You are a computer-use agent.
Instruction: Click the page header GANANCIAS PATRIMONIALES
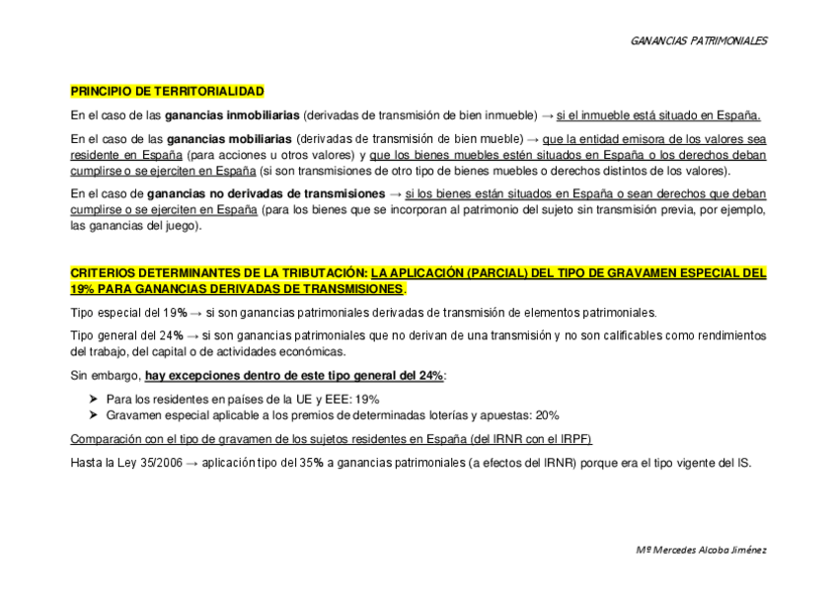point(698,40)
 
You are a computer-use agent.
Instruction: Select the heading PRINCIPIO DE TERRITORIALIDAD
point(167,91)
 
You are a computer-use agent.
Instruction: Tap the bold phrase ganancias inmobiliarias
point(233,114)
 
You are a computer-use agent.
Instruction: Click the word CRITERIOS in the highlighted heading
point(104,272)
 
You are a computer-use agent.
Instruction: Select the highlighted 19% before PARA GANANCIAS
point(81,289)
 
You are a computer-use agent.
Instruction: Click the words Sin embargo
point(106,376)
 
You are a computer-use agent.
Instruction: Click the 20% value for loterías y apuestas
point(547,414)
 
